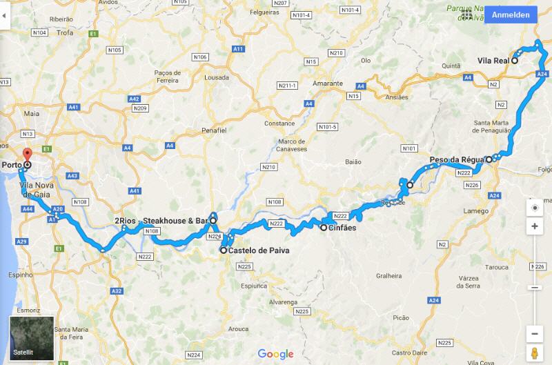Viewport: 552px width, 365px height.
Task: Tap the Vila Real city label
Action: tap(493, 61)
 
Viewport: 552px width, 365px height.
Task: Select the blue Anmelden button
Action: tap(511, 14)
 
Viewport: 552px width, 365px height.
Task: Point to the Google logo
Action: tap(276, 354)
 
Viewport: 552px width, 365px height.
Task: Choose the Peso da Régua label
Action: tap(455, 160)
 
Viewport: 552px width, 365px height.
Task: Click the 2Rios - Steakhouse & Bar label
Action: tap(161, 221)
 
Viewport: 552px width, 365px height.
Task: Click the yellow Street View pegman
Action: tap(535, 353)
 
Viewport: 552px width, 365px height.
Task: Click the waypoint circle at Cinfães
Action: tap(323, 227)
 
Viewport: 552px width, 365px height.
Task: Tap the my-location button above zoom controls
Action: tap(535, 208)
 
